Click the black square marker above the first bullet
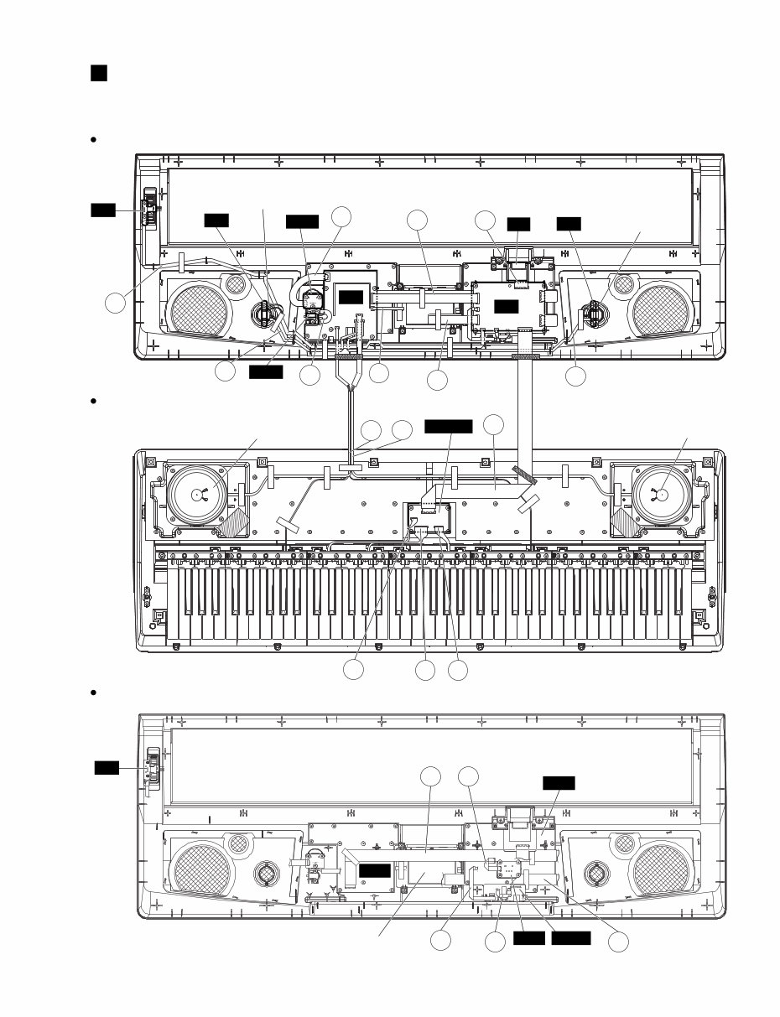[99, 74]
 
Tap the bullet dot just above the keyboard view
[94, 402]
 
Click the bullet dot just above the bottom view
[94, 693]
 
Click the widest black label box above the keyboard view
[449, 427]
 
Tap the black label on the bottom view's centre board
[374, 871]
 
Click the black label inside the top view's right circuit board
[505, 307]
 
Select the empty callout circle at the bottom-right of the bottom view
[618, 942]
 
